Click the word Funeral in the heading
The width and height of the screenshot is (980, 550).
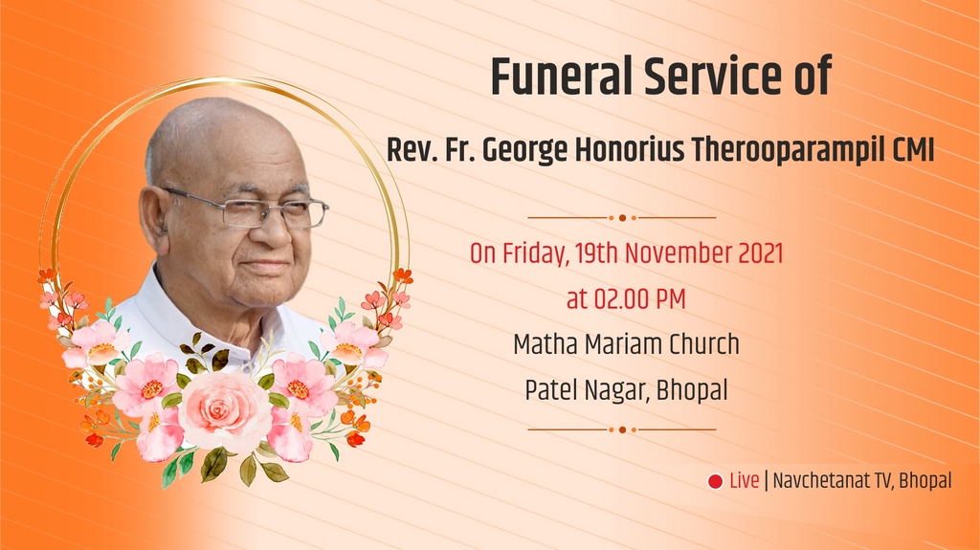pos(563,77)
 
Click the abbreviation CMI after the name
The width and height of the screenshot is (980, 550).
pos(913,150)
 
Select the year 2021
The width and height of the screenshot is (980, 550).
pos(761,253)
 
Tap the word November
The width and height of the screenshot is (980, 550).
pos(679,253)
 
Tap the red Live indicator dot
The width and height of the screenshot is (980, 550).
pos(715,481)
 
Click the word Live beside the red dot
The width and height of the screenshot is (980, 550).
pos(745,480)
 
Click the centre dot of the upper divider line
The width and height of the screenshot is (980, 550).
pos(622,218)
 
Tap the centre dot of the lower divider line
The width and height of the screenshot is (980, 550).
pos(622,430)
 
